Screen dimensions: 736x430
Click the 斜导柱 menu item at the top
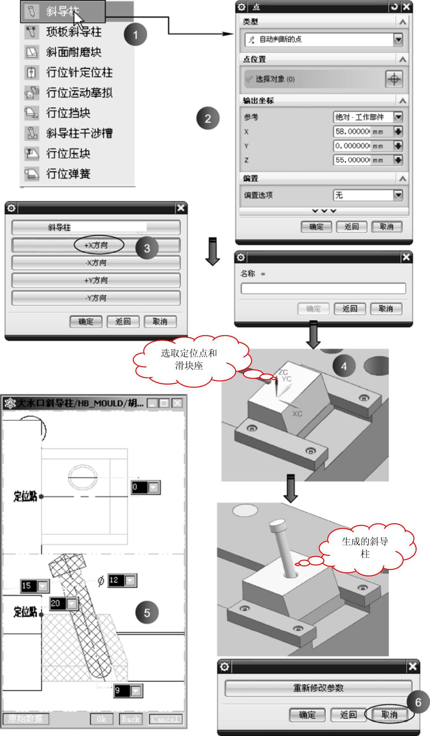(63, 12)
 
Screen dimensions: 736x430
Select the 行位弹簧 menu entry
(68, 174)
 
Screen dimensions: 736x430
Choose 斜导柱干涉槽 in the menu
(79, 133)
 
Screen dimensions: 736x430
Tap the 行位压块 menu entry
(68, 153)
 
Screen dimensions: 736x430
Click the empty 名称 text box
(323, 288)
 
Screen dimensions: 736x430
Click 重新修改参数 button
(318, 688)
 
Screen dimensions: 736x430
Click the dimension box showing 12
(122, 580)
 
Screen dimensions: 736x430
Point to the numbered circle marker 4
(344, 366)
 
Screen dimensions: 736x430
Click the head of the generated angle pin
(277, 526)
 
